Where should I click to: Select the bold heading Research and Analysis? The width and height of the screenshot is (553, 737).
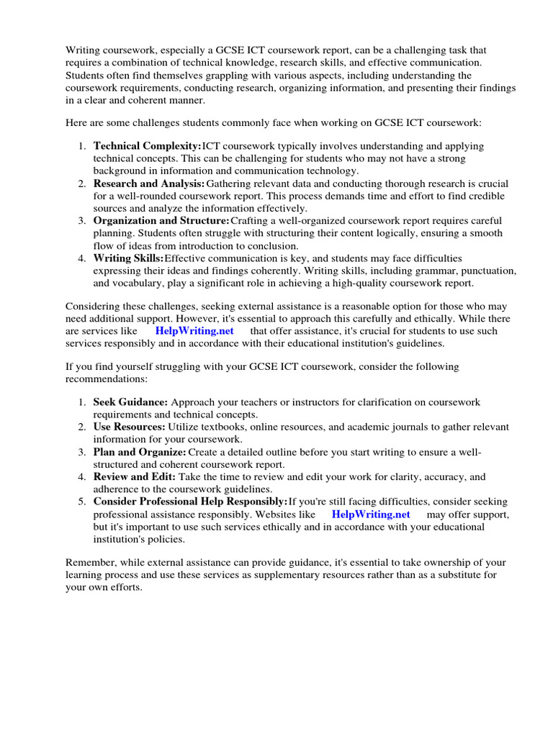149,184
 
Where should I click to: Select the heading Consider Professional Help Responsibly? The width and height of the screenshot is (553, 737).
190,502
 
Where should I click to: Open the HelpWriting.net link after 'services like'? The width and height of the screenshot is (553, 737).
194,331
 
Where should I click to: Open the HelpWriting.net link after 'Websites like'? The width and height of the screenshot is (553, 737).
371,515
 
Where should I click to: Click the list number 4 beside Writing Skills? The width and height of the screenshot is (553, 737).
81,258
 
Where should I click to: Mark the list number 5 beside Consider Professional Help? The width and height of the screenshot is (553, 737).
81,502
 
